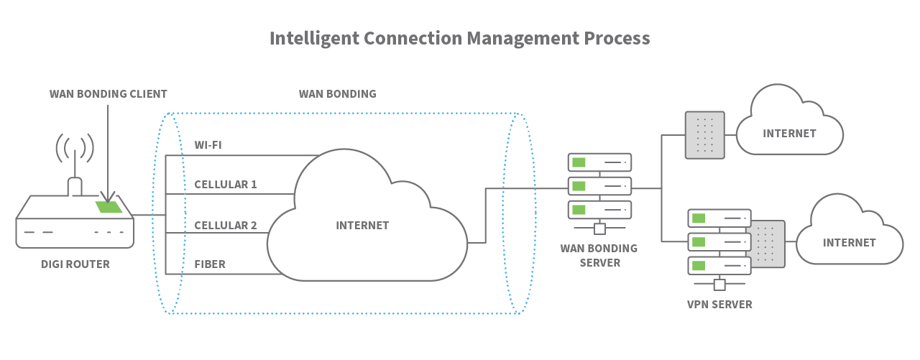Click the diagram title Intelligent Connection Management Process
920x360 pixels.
459,38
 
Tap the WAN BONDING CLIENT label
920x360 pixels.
108,94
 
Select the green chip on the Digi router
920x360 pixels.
109,207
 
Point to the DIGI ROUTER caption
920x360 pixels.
75,264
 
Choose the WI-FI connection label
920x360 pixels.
208,145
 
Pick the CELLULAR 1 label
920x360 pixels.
225,185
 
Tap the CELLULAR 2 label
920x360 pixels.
225,225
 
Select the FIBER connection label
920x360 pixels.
210,264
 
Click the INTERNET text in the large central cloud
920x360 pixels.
362,225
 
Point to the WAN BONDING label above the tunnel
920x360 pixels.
337,94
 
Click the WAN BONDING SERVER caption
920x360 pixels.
599,256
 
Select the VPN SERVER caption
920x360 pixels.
719,305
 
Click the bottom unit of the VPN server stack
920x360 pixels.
719,265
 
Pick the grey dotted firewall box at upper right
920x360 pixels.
705,134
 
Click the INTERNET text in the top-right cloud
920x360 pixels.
789,134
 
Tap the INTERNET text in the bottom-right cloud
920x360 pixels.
849,243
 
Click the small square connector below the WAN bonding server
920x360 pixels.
599,229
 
